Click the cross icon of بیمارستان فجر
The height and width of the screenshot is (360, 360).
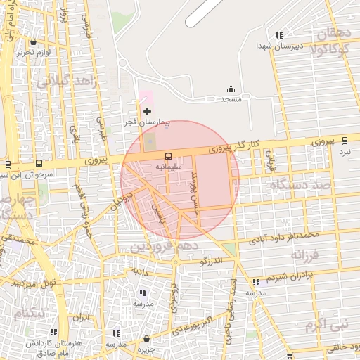(147, 111)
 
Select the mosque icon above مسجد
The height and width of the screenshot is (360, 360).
(231, 89)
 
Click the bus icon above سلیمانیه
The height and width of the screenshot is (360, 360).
(168, 156)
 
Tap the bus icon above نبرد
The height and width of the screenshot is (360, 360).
(345, 140)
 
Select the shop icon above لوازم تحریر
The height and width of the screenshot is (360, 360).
(33, 42)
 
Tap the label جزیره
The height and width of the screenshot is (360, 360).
(146, 348)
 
